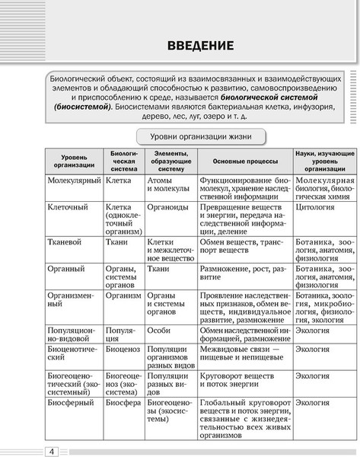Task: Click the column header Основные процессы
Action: [x=245, y=162]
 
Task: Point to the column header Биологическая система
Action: [x=123, y=162]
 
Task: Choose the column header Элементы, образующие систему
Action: [x=170, y=162]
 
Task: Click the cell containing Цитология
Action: [x=317, y=206]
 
